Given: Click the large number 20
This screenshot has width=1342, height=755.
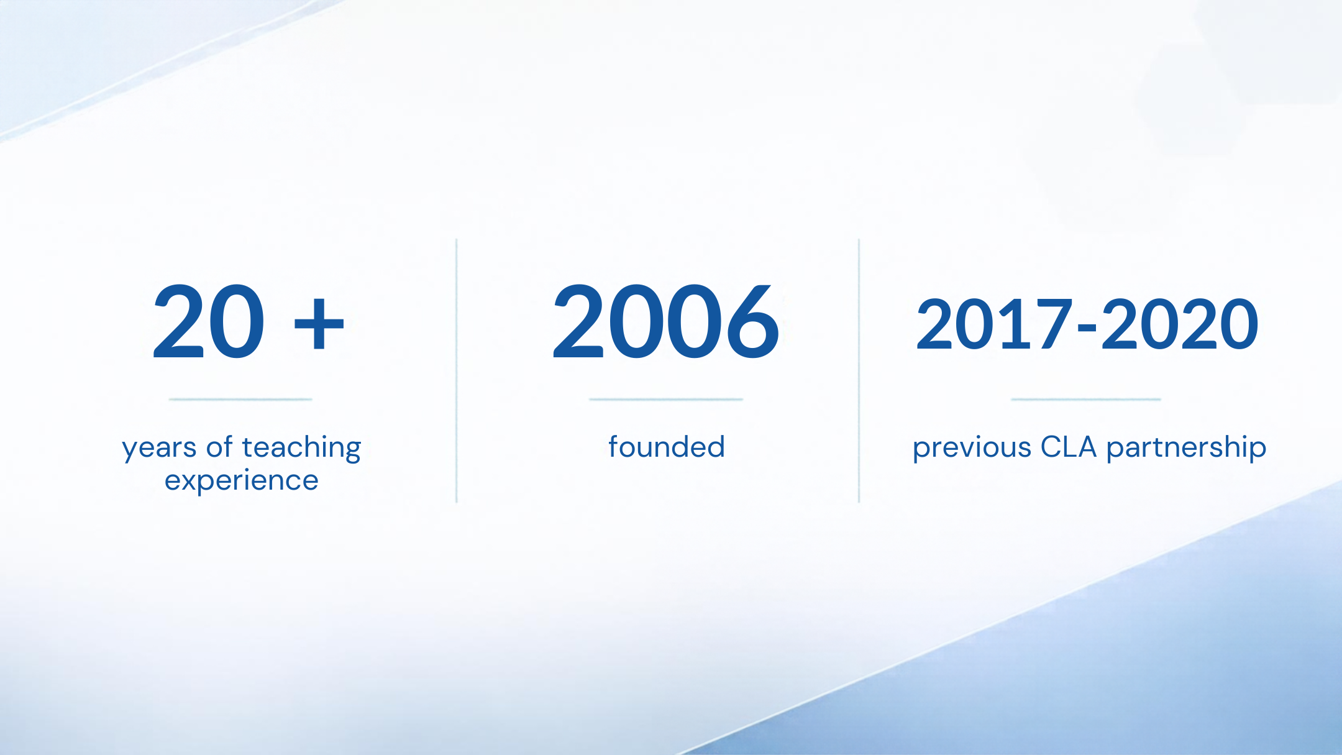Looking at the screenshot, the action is click(209, 321).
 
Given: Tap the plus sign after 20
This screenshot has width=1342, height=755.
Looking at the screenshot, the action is click(319, 323).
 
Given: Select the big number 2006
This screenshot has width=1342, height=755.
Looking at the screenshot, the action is click(665, 321).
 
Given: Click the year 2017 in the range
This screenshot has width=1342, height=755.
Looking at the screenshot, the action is click(995, 323).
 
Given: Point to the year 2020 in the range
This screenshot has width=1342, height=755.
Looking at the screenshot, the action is click(1180, 323).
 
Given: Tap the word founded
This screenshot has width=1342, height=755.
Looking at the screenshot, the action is click(666, 447).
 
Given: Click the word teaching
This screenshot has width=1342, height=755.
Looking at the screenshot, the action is click(301, 448).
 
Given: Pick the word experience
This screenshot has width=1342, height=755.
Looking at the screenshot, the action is click(242, 481).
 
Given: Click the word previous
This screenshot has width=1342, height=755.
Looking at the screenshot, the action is click(972, 448).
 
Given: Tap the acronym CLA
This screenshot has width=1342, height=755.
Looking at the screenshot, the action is click(1069, 447).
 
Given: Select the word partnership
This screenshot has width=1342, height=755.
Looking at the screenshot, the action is click(1186, 448).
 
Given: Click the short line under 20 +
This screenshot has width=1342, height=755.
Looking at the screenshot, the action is click(240, 400).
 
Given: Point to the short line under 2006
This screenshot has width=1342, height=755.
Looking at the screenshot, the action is click(666, 400).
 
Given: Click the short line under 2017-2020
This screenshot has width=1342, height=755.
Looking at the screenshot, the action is click(1086, 400).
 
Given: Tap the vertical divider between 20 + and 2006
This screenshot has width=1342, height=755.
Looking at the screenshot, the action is click(457, 370).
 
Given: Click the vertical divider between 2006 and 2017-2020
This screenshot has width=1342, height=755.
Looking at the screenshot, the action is click(859, 370).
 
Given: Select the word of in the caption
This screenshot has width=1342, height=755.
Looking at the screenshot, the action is click(219, 447).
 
